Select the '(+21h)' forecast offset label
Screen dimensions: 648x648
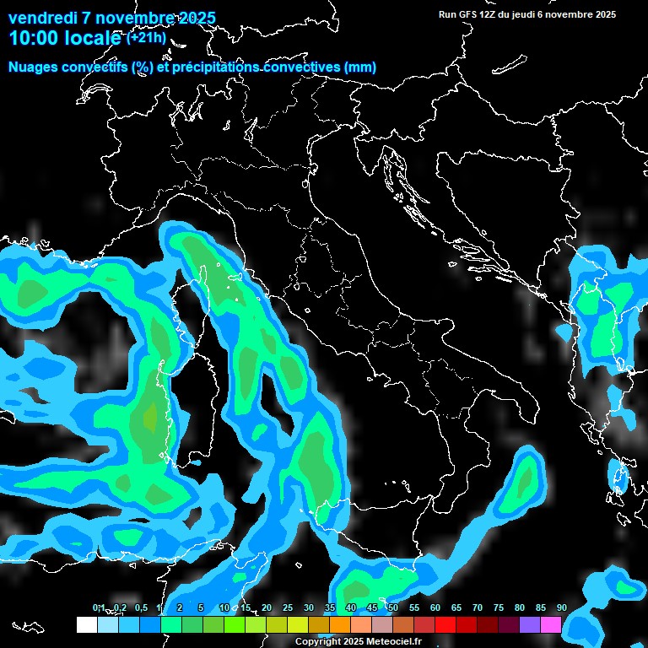click(x=146, y=38)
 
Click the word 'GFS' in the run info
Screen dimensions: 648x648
click(x=469, y=14)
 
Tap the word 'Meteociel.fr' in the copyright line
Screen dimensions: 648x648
click(x=394, y=642)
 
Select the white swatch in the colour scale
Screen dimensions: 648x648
click(x=86, y=624)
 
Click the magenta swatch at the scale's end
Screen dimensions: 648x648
click(x=551, y=624)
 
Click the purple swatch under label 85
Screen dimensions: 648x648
click(x=530, y=624)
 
